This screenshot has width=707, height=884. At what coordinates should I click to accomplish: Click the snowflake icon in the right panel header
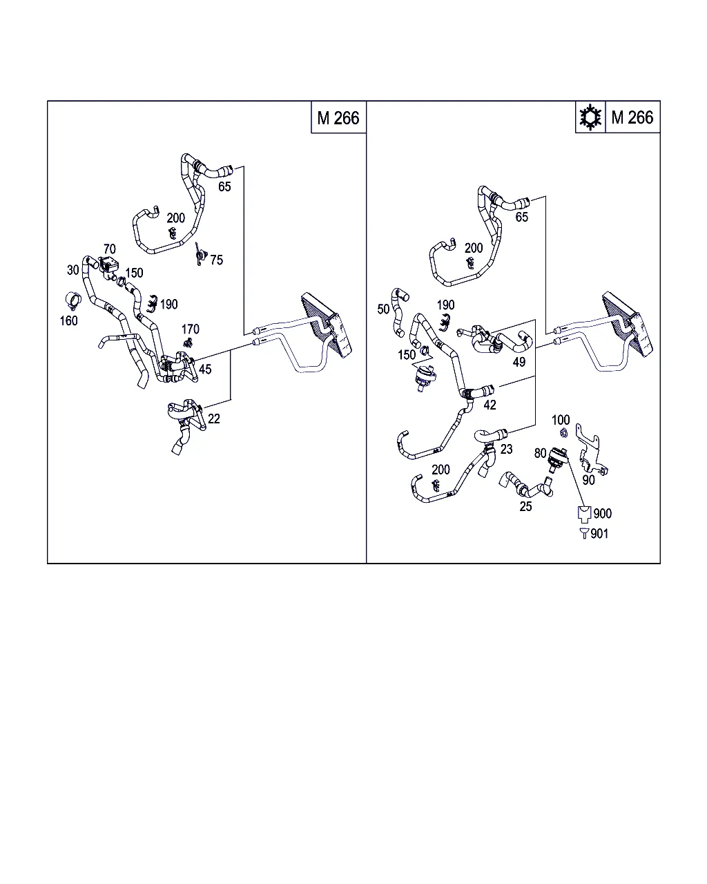[x=590, y=117]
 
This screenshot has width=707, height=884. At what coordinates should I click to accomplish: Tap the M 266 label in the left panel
[x=338, y=118]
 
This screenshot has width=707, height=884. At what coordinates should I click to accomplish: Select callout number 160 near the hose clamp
[x=68, y=321]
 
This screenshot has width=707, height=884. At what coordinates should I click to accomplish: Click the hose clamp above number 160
[x=73, y=301]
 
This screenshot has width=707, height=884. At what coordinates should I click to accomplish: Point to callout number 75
[x=217, y=260]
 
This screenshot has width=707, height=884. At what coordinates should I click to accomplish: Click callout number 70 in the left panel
[x=109, y=249]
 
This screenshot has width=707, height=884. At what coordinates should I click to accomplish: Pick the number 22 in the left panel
[x=213, y=419]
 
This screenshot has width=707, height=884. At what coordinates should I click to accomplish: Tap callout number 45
[x=205, y=369]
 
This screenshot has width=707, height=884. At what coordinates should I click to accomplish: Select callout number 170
[x=190, y=329]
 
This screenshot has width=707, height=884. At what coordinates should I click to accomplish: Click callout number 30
[x=72, y=270]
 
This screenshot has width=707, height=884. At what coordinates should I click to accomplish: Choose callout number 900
[x=603, y=513]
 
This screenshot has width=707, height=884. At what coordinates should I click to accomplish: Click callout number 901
[x=599, y=534]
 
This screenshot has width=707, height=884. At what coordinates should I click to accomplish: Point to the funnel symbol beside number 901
[x=584, y=534]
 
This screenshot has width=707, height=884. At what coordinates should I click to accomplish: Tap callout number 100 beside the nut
[x=561, y=420]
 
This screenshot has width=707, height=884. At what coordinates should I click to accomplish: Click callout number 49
[x=519, y=362]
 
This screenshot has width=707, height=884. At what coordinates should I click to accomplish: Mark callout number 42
[x=490, y=405]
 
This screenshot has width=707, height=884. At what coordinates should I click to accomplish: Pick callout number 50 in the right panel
[x=383, y=309]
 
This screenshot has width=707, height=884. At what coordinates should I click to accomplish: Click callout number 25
[x=525, y=506]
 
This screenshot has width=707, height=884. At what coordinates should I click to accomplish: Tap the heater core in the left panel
[x=327, y=325]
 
